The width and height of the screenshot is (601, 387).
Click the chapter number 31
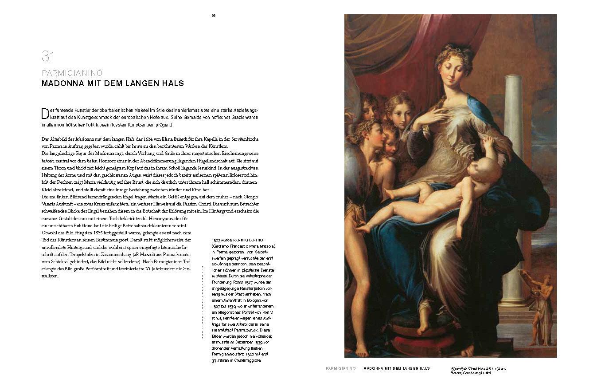[x=48, y=56]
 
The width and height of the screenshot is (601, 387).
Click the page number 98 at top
[x=213, y=16]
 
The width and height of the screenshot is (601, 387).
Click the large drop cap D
[x=45, y=113]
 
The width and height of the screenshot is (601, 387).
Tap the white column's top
[x=513, y=79]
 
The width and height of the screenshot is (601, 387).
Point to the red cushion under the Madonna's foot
[x=419, y=340]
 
